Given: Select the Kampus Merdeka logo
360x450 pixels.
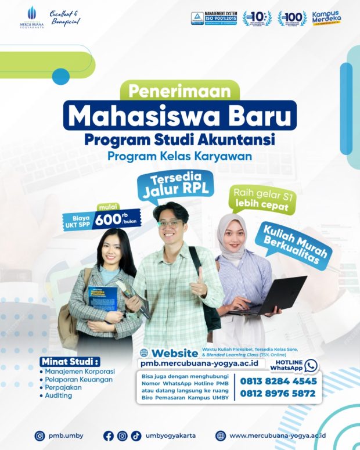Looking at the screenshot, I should (x=326, y=17).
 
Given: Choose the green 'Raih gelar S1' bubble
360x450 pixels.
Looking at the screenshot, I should (x=264, y=198).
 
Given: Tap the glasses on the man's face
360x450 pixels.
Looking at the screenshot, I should (x=170, y=224).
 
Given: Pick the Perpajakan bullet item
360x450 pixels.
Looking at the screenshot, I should (x=65, y=387).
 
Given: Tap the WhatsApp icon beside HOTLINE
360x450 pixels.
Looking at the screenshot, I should (x=311, y=365).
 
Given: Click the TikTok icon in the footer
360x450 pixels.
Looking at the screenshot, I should (x=136, y=435).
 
